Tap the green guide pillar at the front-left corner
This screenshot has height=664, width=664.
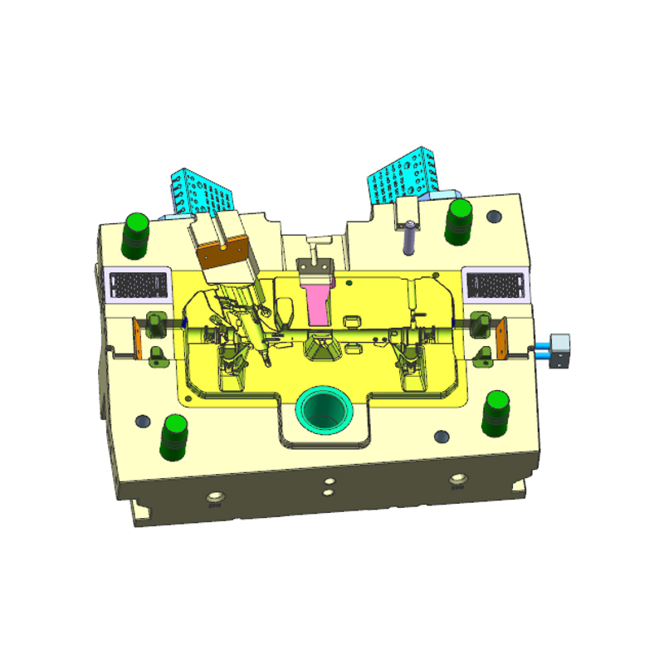175,437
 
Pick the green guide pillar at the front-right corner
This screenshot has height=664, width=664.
496,413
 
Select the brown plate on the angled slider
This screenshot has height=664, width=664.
225,253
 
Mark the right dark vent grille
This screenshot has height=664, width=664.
496,284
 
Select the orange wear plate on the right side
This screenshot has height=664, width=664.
502,340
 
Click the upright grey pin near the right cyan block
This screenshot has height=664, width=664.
410,238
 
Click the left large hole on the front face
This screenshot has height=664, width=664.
215,498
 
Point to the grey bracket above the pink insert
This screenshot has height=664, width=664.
315,264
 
